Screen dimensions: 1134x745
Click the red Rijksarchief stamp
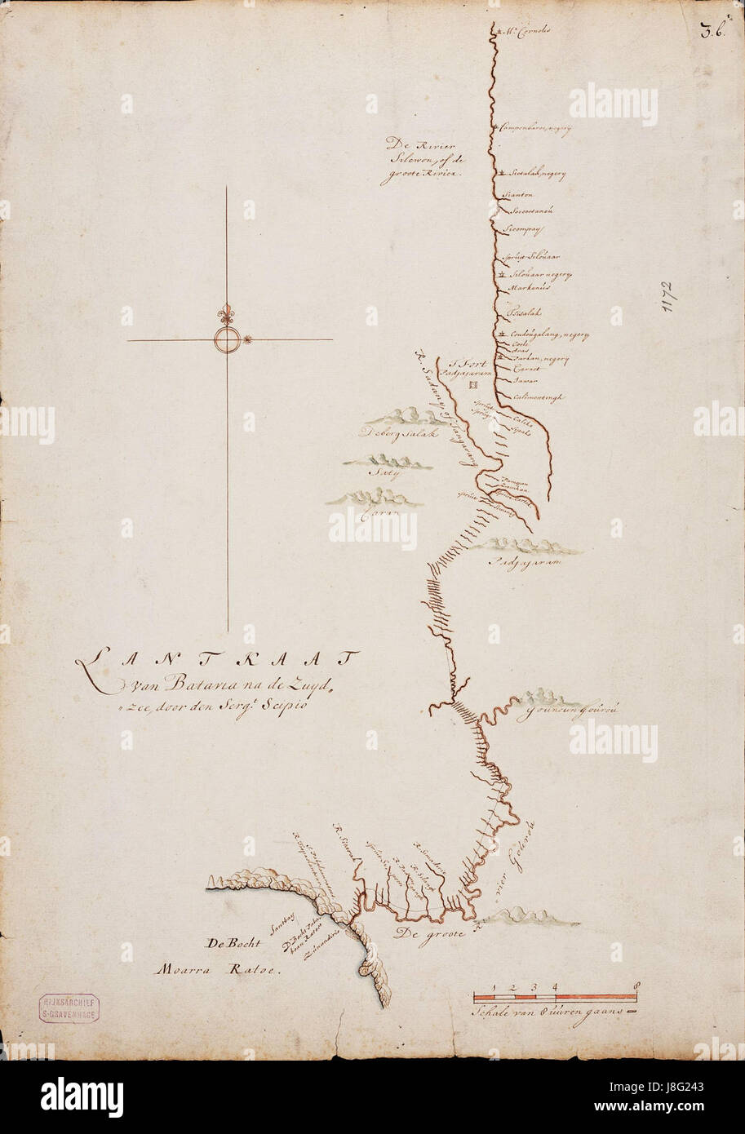pos(69,1009)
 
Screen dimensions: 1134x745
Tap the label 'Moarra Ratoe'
pos(215,971)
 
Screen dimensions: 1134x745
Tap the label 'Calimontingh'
pos(539,398)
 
